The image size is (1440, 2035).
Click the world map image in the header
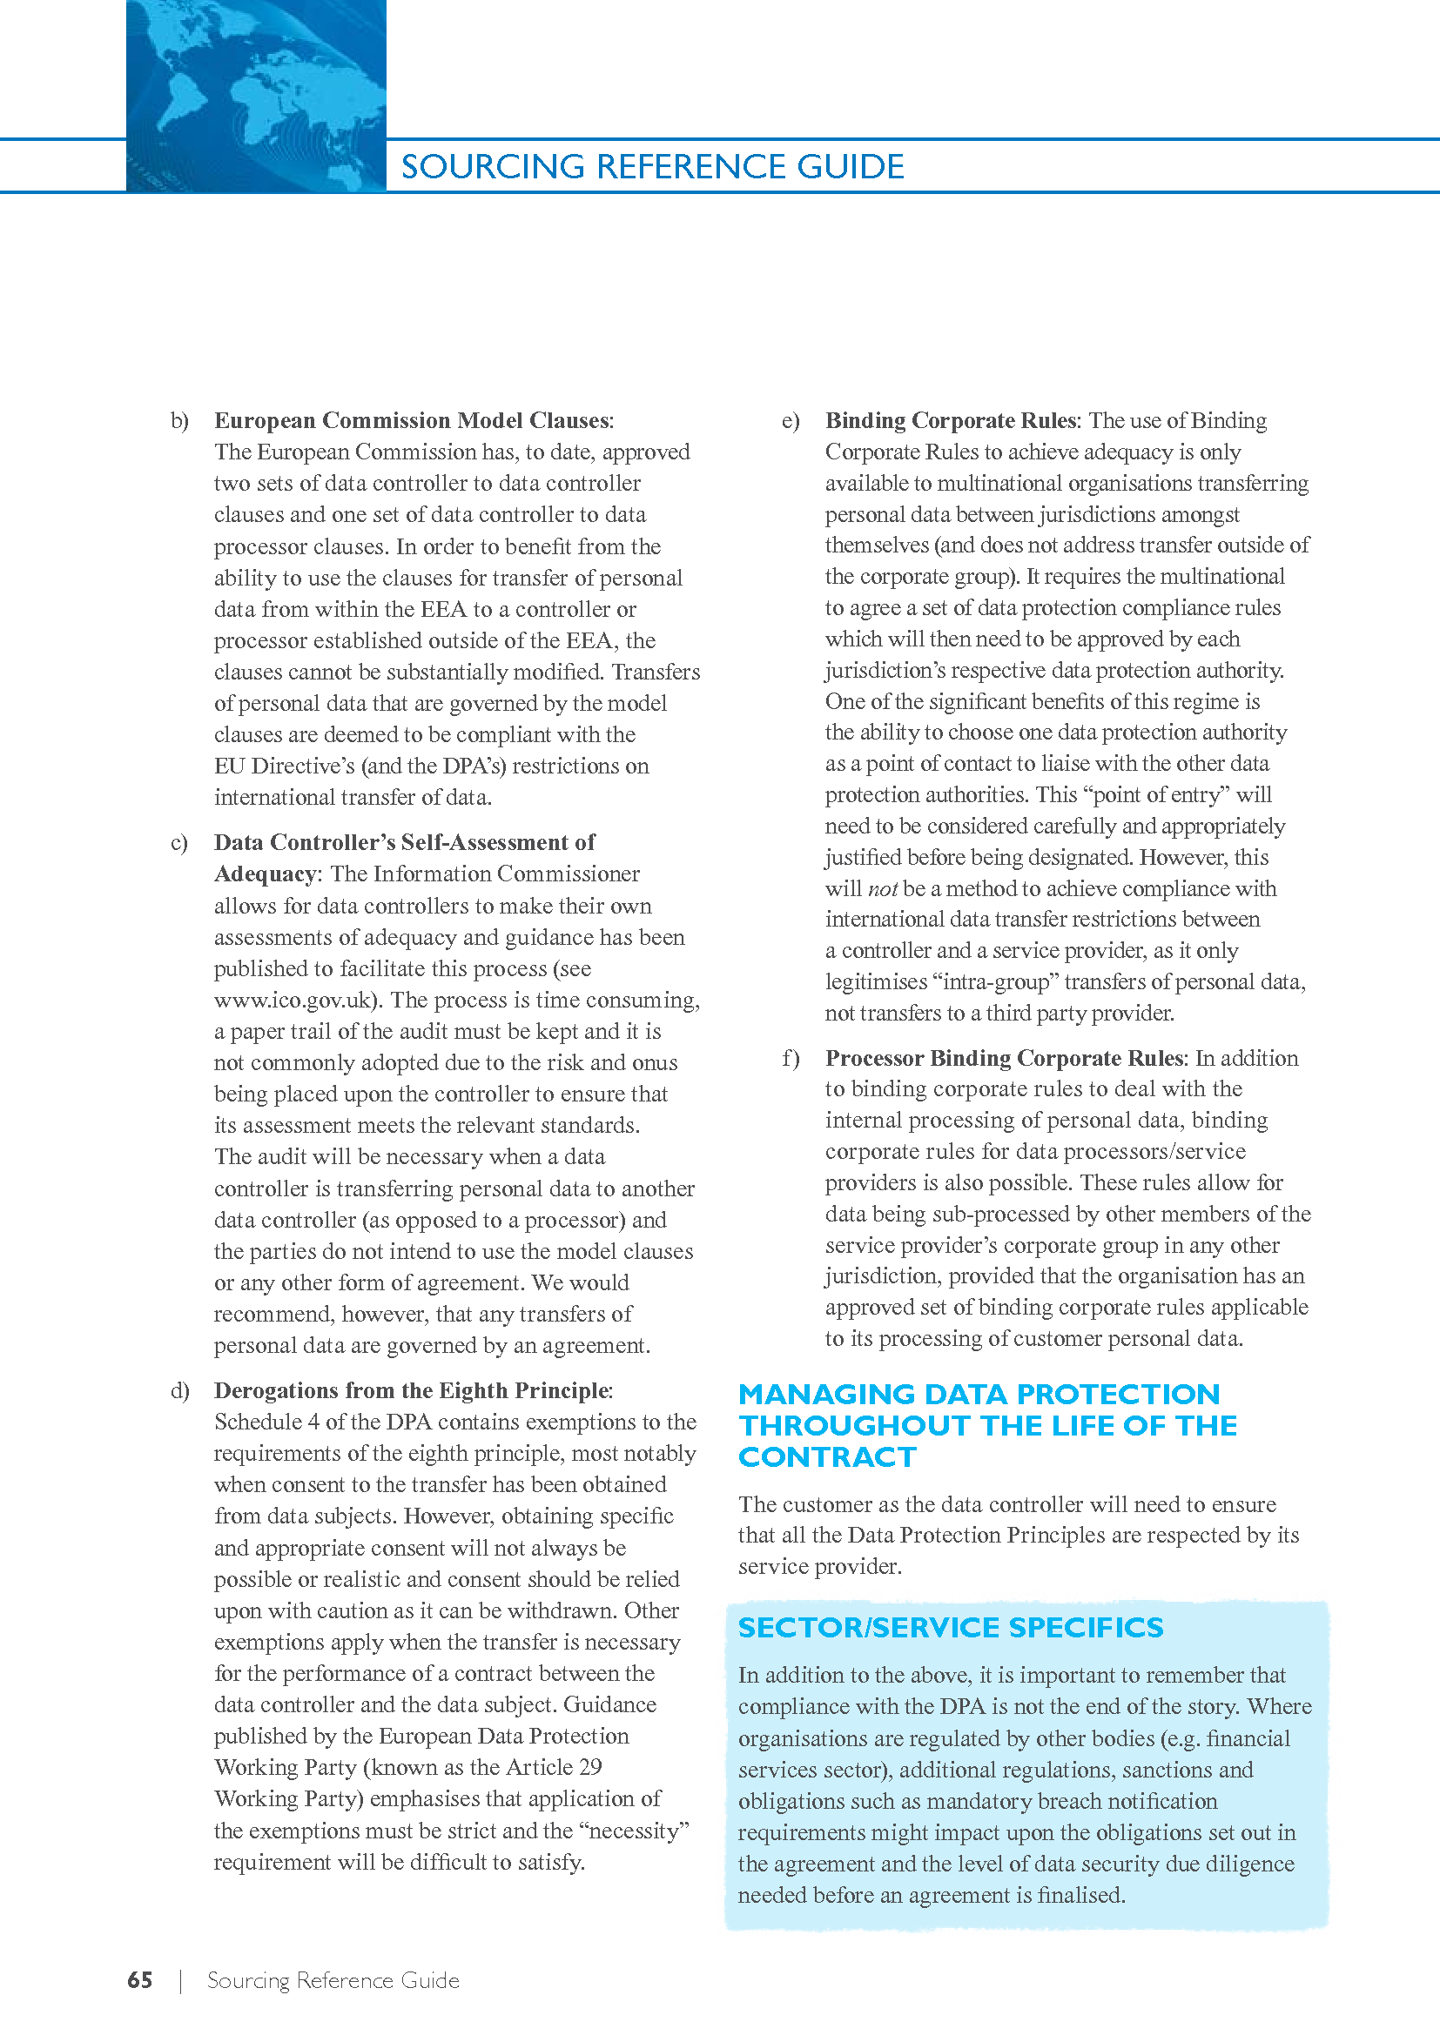[255, 95]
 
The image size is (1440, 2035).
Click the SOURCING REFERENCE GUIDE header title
[653, 167]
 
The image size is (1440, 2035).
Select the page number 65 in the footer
[140, 1980]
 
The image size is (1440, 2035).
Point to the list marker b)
[179, 420]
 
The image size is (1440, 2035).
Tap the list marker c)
[179, 842]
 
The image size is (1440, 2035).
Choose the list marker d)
[179, 1390]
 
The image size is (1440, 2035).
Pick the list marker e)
[790, 420]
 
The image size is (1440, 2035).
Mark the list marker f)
[790, 1058]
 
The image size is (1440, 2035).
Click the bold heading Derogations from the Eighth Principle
[412, 1390]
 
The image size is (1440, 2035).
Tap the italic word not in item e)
[882, 889]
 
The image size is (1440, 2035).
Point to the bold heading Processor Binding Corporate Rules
[1004, 1058]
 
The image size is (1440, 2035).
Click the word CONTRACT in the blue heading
[827, 1457]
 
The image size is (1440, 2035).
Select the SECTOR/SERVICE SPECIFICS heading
[951, 1627]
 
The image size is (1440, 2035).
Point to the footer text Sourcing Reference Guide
[333, 1980]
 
